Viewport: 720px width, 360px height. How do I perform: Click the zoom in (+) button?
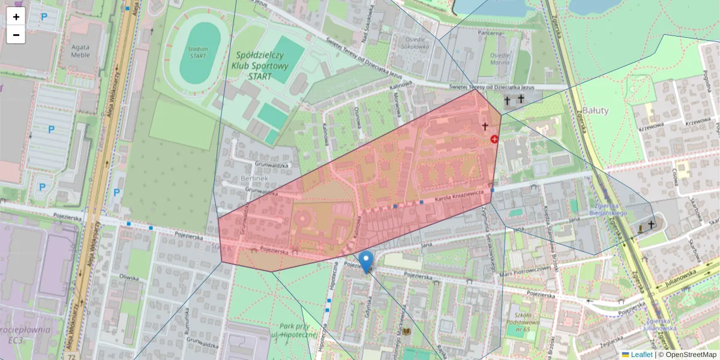[x=16, y=17]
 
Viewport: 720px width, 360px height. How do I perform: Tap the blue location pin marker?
[x=366, y=262]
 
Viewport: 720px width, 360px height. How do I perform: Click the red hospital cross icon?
[x=494, y=139]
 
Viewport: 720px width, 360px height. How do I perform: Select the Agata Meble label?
[x=80, y=50]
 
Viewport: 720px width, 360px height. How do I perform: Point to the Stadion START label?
[x=197, y=53]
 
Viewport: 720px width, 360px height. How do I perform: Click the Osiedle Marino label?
[x=500, y=58]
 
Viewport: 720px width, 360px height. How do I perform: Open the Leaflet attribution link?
[x=641, y=355]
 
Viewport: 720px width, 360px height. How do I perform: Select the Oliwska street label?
[x=129, y=277]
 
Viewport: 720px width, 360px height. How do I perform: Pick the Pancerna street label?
[x=490, y=33]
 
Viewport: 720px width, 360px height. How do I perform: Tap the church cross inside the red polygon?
[x=485, y=127]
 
